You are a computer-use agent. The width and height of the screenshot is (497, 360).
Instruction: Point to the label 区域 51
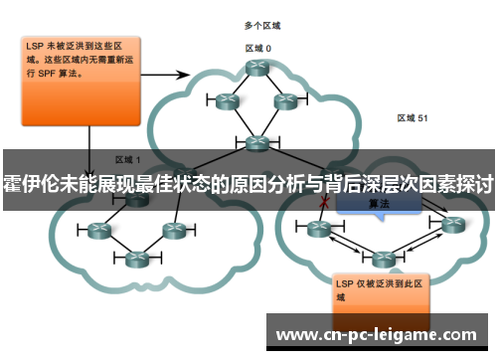[x=413, y=118]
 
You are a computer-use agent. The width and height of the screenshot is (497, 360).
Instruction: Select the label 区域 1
[x=128, y=158]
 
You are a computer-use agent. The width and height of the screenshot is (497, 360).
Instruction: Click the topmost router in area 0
[x=258, y=68]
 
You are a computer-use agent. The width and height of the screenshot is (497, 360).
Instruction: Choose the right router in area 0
[x=286, y=100]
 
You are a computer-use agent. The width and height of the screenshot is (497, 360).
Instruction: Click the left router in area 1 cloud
[x=98, y=231]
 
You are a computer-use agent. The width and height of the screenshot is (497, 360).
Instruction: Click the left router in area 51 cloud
[x=319, y=230]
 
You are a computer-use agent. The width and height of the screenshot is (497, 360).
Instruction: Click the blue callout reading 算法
[x=379, y=203]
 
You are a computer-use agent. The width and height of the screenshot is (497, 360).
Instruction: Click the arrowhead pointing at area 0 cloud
[x=188, y=74]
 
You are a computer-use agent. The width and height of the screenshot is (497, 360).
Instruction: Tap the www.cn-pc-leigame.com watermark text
[x=381, y=335]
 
